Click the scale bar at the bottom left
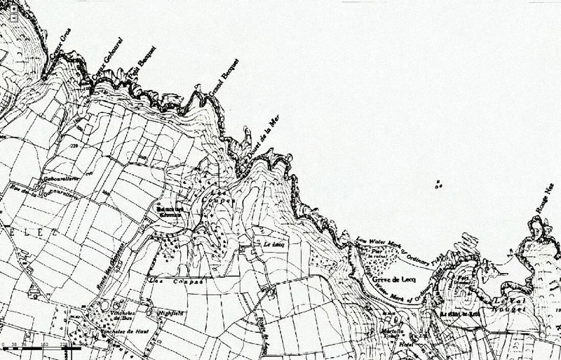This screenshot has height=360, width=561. pos(39,346)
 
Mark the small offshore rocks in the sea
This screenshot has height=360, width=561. pos(439,185)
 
